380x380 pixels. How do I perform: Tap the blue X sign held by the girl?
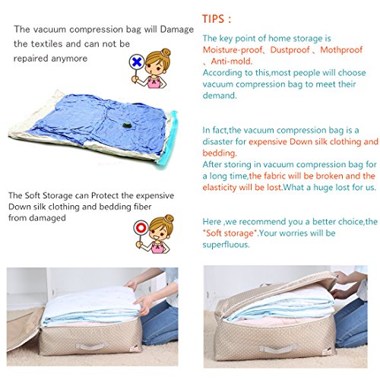click(x=137, y=62)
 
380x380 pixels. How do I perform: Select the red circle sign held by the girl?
click(x=141, y=228)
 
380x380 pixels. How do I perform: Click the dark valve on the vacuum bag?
click(x=125, y=125)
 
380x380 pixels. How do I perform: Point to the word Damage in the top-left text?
click(x=177, y=30)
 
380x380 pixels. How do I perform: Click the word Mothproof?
click(x=341, y=49)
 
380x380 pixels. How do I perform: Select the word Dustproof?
click(x=290, y=49)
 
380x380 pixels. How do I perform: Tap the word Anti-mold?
click(x=232, y=62)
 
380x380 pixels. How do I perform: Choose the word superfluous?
click(x=226, y=245)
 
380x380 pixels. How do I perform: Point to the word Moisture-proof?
click(x=233, y=49)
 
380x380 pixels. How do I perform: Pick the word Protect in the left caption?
click(x=105, y=195)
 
